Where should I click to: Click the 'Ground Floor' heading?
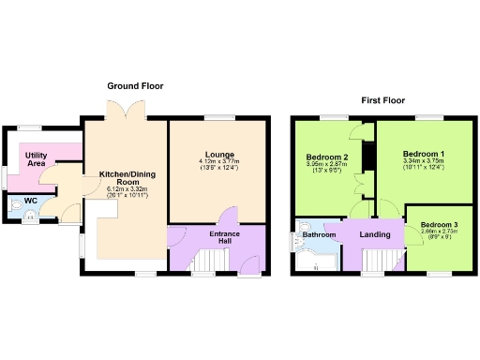(x=136, y=85)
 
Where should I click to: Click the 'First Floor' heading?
(x=384, y=99)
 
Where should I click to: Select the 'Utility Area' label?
(x=37, y=158)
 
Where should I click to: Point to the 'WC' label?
(x=30, y=201)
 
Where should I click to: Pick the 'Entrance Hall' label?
(x=225, y=237)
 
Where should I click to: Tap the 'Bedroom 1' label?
(x=424, y=153)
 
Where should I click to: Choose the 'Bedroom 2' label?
(x=327, y=157)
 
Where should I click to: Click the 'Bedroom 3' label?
(x=439, y=226)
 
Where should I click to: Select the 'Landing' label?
(x=375, y=234)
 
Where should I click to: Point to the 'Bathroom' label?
(x=319, y=235)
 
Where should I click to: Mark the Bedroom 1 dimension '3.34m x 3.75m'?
(x=424, y=161)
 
